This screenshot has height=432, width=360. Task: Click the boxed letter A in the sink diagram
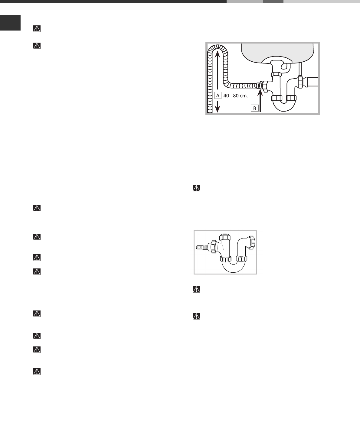click(x=218, y=96)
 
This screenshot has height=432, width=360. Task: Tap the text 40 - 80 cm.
click(x=235, y=96)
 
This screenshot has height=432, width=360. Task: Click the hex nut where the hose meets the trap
click(x=265, y=86)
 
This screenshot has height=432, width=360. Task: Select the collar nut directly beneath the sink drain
click(x=276, y=75)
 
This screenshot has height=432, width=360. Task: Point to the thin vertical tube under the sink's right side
click(x=300, y=70)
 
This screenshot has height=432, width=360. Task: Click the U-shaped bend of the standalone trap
click(x=233, y=267)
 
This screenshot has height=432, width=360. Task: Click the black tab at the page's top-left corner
click(x=10, y=23)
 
